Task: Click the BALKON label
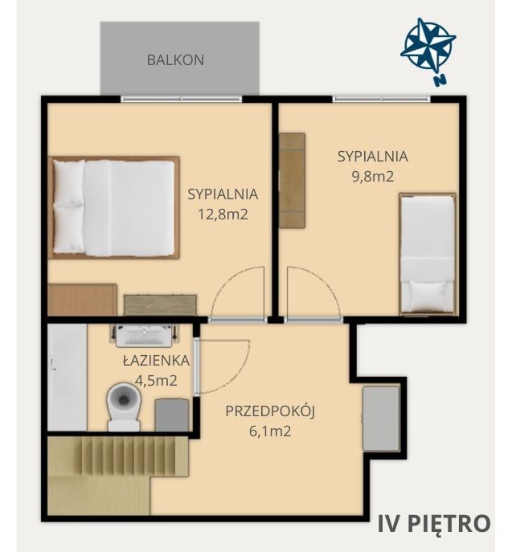pyautogui.click(x=175, y=59)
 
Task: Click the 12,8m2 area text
pyautogui.click(x=223, y=214)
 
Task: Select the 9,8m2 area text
pyautogui.click(x=373, y=176)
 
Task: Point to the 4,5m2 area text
pyautogui.click(x=156, y=381)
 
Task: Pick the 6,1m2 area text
pyautogui.click(x=270, y=431)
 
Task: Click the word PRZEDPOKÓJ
pyautogui.click(x=270, y=411)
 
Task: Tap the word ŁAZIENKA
pyautogui.click(x=156, y=360)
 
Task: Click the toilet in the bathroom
pyautogui.click(x=124, y=407)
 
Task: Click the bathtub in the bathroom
pyautogui.click(x=68, y=377)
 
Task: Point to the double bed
pyautogui.click(x=114, y=208)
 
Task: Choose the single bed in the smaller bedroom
pyautogui.click(x=428, y=254)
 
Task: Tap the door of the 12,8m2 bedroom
pyautogui.click(x=236, y=293)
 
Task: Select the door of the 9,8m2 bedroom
pyautogui.click(x=313, y=293)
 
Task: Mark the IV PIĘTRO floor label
pyautogui.click(x=434, y=524)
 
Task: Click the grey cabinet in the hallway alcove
pyautogui.click(x=381, y=419)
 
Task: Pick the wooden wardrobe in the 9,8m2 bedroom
pyautogui.click(x=293, y=181)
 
